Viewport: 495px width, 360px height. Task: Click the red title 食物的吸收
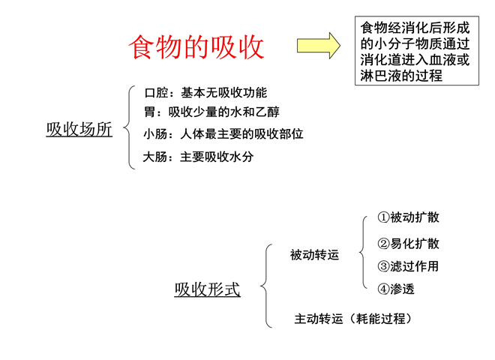(196, 47)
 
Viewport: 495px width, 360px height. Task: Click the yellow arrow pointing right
(319, 46)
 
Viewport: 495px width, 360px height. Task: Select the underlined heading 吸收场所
(79, 130)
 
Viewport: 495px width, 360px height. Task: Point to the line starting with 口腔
(205, 93)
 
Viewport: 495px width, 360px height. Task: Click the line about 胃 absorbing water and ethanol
(211, 112)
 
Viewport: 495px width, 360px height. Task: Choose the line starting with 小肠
(223, 134)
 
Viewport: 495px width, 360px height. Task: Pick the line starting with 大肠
(198, 157)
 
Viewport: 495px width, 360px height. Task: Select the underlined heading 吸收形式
(208, 289)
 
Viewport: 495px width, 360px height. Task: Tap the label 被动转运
(315, 255)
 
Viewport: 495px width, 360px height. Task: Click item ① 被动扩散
(408, 217)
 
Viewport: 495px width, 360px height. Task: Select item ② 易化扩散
(408, 244)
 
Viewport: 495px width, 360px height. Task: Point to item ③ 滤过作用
(408, 266)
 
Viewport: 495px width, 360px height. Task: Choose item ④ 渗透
(396, 289)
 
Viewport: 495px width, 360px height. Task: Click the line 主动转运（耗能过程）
(353, 319)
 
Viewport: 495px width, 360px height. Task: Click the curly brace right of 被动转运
(362, 252)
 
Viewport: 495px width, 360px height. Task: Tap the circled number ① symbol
(383, 217)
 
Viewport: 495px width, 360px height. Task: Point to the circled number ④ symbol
(383, 289)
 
